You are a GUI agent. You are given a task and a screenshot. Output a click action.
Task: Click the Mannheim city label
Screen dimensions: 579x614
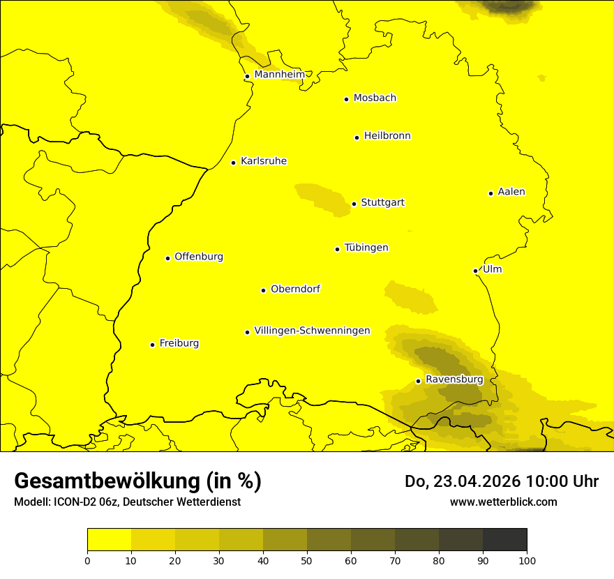279,75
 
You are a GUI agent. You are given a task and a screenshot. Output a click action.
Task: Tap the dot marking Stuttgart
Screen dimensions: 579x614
354,204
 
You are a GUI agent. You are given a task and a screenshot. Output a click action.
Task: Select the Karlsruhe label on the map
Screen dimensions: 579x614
264,161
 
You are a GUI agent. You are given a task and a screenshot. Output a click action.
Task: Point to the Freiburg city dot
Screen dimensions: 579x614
153,345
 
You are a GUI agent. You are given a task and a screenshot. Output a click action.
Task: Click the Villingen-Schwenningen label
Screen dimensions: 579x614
312,331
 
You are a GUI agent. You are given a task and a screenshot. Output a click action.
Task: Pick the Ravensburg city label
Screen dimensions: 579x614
454,379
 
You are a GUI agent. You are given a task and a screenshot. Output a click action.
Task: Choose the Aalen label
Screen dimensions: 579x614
511,192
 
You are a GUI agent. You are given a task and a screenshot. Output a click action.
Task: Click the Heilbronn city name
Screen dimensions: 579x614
387,136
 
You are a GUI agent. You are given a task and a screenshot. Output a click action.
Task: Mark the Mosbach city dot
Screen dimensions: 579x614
347,99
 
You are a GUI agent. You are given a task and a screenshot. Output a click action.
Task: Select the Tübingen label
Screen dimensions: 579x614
366,248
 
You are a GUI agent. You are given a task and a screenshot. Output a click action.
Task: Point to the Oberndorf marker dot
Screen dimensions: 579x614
264,290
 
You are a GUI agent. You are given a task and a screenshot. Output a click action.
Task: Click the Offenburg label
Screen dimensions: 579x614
199,257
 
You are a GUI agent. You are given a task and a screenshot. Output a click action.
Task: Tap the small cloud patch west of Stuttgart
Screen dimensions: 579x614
322,199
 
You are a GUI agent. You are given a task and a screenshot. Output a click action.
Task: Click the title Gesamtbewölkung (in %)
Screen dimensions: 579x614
137,481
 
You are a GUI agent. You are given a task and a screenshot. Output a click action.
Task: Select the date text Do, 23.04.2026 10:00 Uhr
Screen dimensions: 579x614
502,481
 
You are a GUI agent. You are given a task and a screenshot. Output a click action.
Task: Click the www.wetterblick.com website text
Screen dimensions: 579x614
503,502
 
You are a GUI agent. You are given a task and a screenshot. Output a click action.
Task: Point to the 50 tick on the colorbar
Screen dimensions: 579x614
307,560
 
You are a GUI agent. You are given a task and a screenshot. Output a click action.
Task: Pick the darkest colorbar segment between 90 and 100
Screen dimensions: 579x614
504,539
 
